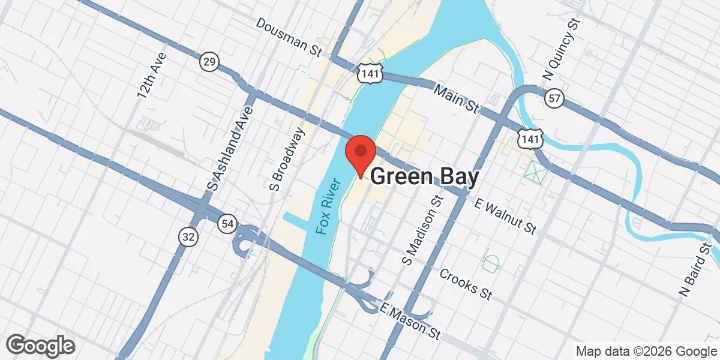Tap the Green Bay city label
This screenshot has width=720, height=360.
tap(425, 177)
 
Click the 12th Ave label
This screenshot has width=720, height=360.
tap(151, 75)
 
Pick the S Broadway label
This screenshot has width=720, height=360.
tap(288, 154)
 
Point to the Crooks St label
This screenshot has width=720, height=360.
tap(466, 284)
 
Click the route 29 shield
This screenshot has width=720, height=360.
tap(209, 61)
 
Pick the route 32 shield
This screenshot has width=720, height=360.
tap(188, 236)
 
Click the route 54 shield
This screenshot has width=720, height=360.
tap(226, 223)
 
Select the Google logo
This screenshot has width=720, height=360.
tap(40, 345)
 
